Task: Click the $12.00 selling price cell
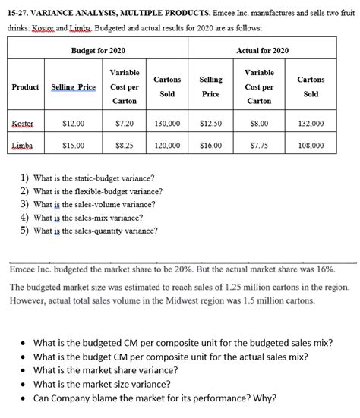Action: (73, 122)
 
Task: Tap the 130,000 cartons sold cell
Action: (166, 122)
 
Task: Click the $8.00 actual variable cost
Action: (259, 122)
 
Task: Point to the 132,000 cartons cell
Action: (311, 122)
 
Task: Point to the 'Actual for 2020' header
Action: (262, 49)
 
